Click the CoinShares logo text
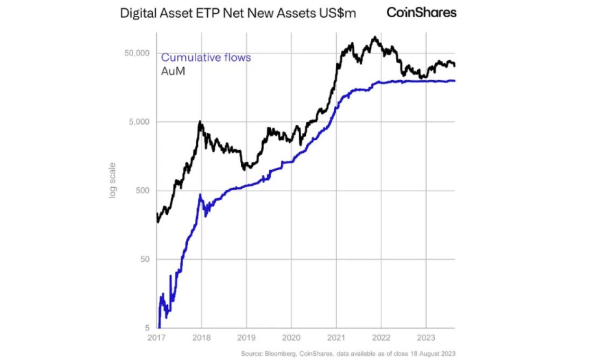click(421, 12)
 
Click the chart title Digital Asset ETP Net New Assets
click(238, 13)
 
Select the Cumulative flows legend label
click(206, 58)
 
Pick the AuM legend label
click(173, 71)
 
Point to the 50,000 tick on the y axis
click(135, 53)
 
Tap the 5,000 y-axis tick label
click(138, 122)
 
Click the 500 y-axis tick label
click(141, 191)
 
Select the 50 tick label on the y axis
click(143, 259)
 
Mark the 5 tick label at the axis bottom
click(146, 328)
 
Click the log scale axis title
click(113, 180)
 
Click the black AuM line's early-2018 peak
click(200, 122)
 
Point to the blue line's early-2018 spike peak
click(200, 195)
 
